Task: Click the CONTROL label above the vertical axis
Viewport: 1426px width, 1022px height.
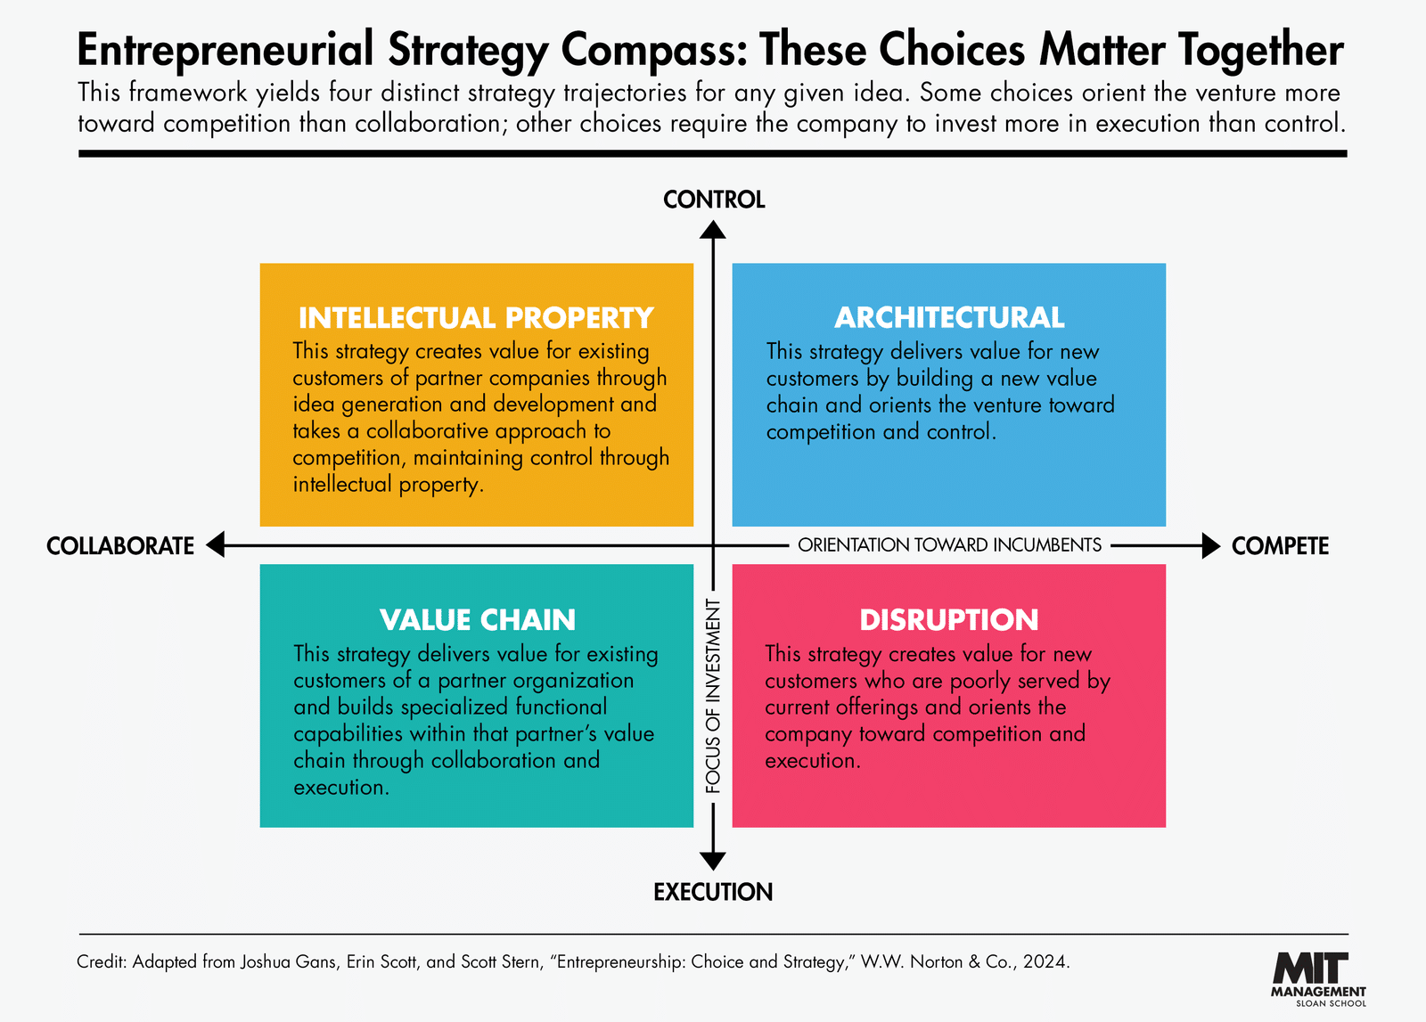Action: pos(714,200)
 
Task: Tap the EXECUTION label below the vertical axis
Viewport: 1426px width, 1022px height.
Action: pos(713,892)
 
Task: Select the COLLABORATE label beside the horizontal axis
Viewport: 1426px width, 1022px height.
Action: pos(120,546)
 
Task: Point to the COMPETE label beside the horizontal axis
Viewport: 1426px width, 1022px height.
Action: pos(1280,546)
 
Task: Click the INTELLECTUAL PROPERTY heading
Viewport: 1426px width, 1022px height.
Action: pos(476,317)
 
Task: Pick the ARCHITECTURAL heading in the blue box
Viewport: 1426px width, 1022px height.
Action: pos(949,317)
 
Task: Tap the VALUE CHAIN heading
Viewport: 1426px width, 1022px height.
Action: pos(478,620)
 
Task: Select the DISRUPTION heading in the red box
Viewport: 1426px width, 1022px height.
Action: pos(949,620)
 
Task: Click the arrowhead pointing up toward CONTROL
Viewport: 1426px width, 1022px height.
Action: pos(713,230)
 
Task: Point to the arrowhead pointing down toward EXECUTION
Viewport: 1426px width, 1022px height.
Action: pos(713,861)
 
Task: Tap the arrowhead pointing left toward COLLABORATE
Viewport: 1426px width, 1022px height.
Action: pos(216,544)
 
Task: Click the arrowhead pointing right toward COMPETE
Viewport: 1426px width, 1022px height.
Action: pos(1211,545)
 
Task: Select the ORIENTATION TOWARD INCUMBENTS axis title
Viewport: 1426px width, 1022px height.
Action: pos(949,545)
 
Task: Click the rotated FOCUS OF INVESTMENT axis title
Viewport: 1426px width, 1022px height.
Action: pos(713,696)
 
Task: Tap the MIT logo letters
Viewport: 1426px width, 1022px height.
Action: pos(1311,968)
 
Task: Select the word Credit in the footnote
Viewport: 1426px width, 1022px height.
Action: pos(102,961)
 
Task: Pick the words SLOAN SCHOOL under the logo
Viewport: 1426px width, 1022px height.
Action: pos(1332,1003)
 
